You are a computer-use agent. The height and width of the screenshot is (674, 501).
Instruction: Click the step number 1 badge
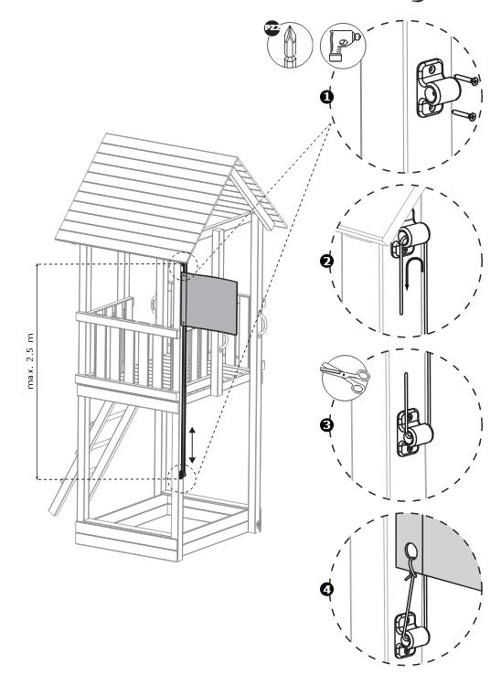(327, 96)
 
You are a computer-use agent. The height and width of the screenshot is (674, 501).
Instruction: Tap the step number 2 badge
(327, 261)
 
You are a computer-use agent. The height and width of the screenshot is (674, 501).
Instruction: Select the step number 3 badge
(327, 425)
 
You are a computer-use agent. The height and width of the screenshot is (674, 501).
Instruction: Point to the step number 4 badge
(327, 589)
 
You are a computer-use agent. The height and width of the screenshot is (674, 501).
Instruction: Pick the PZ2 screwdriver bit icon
(290, 45)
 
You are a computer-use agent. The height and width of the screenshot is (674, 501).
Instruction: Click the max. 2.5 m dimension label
(30, 361)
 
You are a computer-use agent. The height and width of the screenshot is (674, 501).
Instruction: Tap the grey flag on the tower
(210, 304)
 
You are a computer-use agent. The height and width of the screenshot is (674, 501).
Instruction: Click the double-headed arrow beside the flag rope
(192, 444)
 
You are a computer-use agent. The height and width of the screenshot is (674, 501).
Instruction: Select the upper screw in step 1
(466, 79)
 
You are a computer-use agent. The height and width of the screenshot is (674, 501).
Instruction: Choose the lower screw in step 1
(464, 114)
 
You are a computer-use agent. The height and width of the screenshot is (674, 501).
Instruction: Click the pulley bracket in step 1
(437, 90)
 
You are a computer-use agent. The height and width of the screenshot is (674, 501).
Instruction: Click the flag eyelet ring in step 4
(410, 551)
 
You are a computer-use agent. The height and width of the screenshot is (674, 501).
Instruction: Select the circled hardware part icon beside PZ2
(343, 46)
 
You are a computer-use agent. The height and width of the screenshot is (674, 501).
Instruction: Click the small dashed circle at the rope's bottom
(181, 477)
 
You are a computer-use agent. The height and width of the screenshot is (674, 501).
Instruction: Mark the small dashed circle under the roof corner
(183, 266)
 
